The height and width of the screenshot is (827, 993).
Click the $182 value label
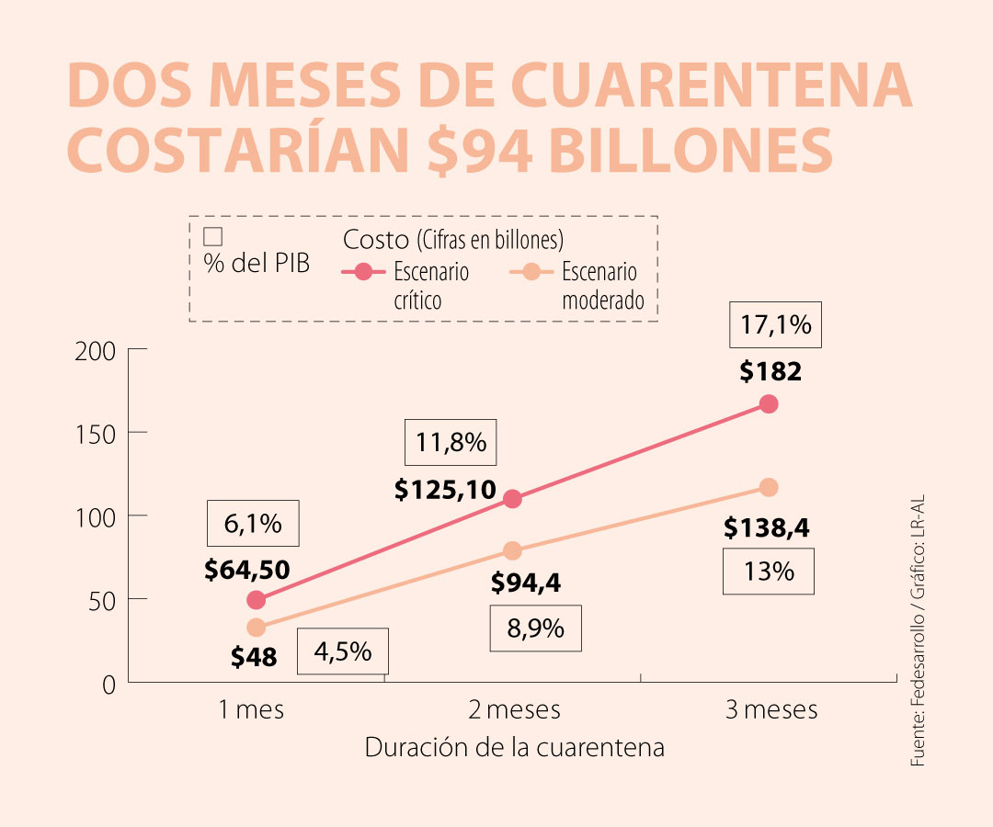(x=770, y=372)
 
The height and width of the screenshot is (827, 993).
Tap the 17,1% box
(x=776, y=324)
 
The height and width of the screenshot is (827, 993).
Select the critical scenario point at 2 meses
(x=512, y=499)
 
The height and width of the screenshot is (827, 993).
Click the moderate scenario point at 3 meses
(x=769, y=487)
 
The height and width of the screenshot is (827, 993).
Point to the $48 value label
(x=254, y=657)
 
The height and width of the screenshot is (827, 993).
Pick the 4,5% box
(x=343, y=651)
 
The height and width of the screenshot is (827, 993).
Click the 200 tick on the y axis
(x=97, y=350)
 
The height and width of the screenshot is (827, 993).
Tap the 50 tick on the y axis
(x=103, y=600)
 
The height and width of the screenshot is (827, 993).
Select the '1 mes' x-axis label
(x=251, y=710)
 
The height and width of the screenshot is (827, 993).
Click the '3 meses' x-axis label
(x=770, y=710)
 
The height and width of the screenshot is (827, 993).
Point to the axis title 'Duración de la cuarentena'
(x=514, y=747)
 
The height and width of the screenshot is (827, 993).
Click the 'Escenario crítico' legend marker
(x=364, y=271)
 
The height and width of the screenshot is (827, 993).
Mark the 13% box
(x=770, y=572)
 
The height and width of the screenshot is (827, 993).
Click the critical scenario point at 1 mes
(x=257, y=600)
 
